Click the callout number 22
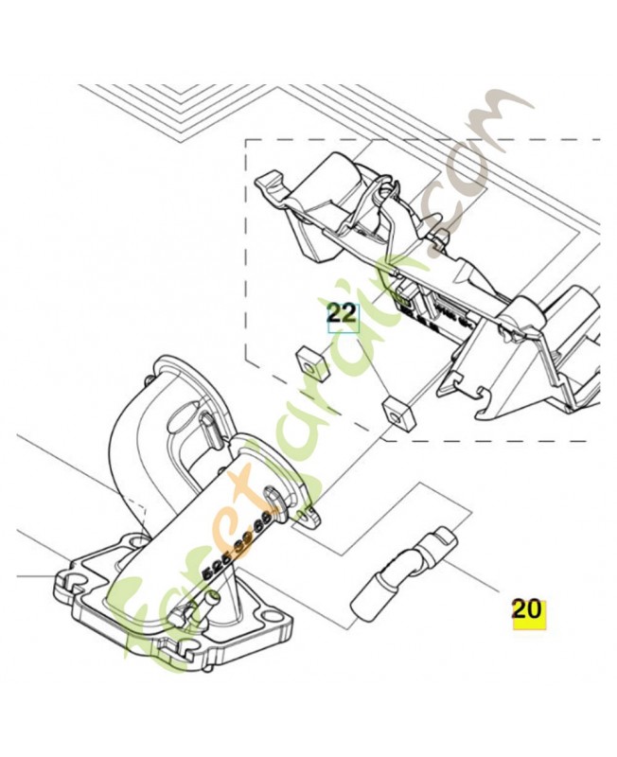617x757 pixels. (x=343, y=314)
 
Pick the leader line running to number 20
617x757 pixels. (x=478, y=576)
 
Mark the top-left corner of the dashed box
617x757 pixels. (x=247, y=141)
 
